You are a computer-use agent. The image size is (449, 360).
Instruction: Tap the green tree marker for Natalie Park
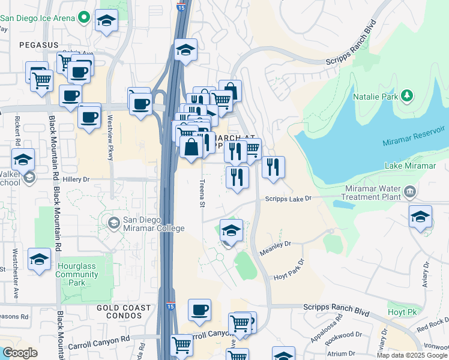coord(408,95)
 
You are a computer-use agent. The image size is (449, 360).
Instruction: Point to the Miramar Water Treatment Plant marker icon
coord(410,192)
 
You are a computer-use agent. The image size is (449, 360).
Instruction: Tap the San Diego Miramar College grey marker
coord(113,223)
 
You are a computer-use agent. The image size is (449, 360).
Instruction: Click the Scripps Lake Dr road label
coord(289,199)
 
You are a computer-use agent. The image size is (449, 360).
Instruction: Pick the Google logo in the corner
coord(20,353)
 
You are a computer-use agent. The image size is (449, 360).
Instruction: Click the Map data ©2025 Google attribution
coord(411,355)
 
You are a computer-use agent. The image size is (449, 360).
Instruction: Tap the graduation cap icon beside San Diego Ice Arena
coord(106,21)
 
